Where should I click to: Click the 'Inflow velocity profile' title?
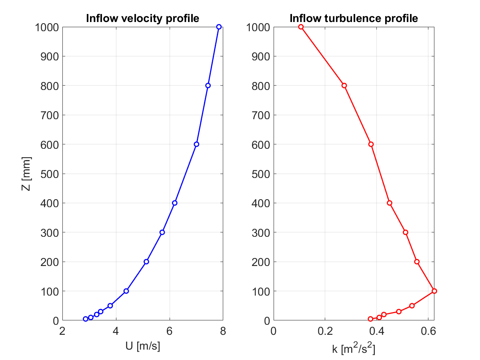pos(143,18)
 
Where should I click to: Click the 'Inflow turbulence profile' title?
pos(354,18)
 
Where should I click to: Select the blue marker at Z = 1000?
pos(219,27)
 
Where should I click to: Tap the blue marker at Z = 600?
pos(196,144)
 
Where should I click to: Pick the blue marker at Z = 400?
pos(174,203)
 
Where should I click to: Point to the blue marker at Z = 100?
pos(126,291)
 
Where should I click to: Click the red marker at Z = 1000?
pos(301,27)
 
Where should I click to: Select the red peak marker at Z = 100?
pos(434,291)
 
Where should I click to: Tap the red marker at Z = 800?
pos(344,85)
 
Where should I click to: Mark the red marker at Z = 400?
pos(390,203)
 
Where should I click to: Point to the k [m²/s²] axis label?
pos(354,346)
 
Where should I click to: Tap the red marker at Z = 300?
pos(406,232)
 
